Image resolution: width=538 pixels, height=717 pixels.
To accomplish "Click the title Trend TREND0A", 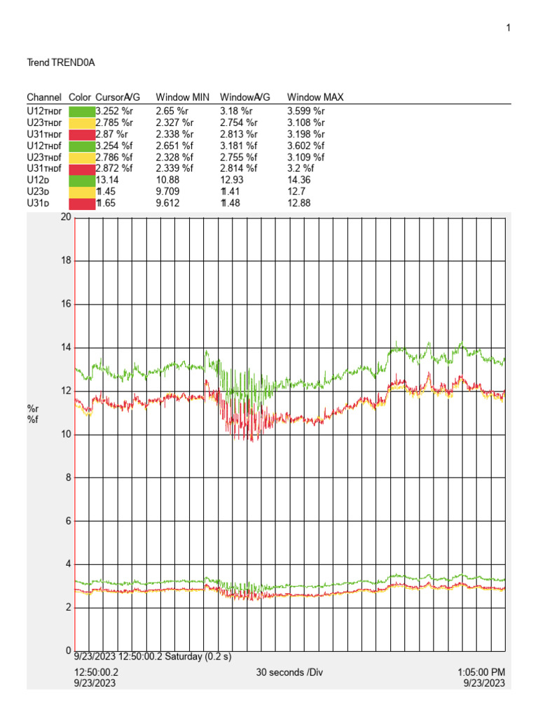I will [x=60, y=63].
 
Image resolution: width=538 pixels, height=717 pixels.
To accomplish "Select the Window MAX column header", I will [x=315, y=97].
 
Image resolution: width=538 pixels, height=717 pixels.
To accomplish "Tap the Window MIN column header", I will [x=182, y=97].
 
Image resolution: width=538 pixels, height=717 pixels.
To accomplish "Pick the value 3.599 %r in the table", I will [x=306, y=111].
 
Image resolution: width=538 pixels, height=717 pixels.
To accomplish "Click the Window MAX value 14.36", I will [x=299, y=180].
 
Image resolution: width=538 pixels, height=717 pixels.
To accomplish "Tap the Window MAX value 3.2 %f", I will [x=301, y=169].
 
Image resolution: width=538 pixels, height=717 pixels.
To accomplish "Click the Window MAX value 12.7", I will [x=296, y=192].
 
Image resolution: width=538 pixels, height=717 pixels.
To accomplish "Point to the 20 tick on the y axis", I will [x=66, y=218].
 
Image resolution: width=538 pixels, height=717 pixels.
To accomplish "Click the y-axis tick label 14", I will [x=66, y=348].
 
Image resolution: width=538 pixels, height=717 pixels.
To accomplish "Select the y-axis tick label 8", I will [x=68, y=478].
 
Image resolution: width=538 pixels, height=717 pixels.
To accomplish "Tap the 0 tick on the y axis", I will [x=68, y=650].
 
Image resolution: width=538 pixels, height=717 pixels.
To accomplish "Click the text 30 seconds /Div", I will [x=290, y=672].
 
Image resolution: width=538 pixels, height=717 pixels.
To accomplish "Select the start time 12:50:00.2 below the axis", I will [x=97, y=672].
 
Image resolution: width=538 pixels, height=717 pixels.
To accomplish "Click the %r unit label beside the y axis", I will [x=32, y=408].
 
